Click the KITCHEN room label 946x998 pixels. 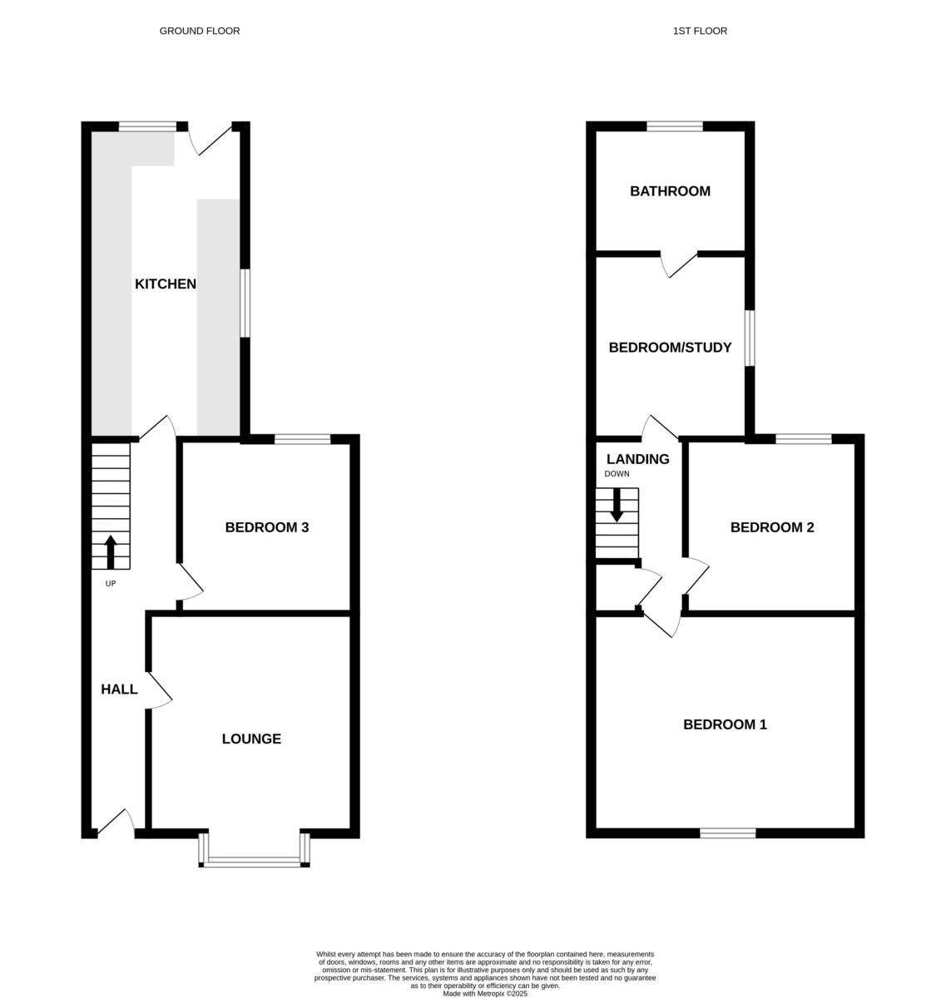point(166,284)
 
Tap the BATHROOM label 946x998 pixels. point(670,191)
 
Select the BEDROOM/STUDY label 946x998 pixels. point(670,348)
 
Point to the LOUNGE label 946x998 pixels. point(251,739)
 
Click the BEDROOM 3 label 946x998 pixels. point(267,527)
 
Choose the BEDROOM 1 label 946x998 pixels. point(725,724)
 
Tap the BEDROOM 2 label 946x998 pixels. point(772,527)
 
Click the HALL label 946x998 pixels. point(119,689)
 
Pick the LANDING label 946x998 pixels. point(638,459)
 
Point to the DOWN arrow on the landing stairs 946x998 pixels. point(617,505)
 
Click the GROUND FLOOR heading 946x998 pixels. point(200,31)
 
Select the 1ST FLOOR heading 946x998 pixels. point(700,31)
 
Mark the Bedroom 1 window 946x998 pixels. point(727,832)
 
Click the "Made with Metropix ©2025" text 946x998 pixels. point(485,993)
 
